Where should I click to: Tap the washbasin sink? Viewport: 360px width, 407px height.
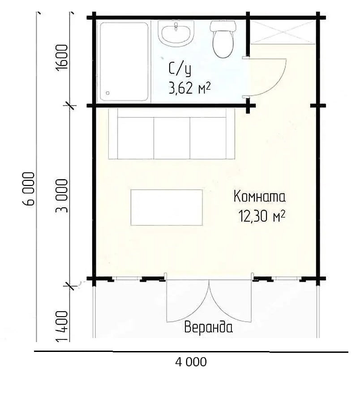(x=176, y=34)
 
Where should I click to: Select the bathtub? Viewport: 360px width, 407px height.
(x=124, y=62)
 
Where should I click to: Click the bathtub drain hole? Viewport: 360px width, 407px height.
(x=108, y=93)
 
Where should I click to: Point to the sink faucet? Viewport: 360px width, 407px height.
(x=176, y=26)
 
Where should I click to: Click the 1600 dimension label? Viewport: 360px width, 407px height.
(x=62, y=57)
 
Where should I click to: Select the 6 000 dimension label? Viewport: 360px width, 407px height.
(x=29, y=189)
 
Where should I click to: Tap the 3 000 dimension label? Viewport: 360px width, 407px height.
(x=62, y=196)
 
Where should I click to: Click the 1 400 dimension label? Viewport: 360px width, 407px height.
(x=62, y=326)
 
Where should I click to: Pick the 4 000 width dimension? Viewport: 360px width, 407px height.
(x=191, y=362)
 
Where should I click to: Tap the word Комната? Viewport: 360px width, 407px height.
(x=260, y=196)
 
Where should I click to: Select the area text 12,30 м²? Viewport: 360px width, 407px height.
(x=262, y=216)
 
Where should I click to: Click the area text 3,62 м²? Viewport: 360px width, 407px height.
(x=189, y=88)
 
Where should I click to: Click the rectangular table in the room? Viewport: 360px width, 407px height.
(x=167, y=207)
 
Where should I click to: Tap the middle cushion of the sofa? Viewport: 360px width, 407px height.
(x=172, y=138)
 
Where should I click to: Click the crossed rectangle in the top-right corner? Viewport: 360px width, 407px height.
(x=283, y=32)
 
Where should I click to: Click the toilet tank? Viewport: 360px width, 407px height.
(x=223, y=26)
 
